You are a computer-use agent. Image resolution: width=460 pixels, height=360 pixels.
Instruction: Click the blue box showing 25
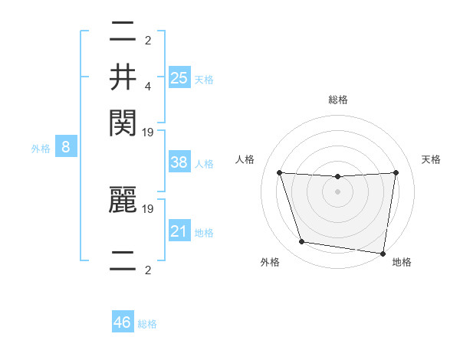[179, 77]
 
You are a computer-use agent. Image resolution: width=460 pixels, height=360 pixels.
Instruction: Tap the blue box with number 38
[179, 162]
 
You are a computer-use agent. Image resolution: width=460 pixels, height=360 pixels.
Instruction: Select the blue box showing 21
[179, 231]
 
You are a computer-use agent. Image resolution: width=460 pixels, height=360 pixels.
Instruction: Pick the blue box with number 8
[66, 147]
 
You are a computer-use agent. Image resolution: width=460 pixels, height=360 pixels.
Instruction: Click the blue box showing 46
[123, 322]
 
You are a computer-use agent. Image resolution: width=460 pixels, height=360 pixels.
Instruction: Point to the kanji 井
[123, 77]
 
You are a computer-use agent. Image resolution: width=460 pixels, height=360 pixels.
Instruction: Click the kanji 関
[123, 121]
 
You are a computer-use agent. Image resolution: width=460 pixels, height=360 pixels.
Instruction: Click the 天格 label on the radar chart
[432, 159]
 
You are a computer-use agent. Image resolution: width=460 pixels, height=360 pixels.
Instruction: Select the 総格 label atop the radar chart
[338, 100]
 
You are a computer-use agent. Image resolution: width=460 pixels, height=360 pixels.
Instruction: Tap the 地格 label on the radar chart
[402, 262]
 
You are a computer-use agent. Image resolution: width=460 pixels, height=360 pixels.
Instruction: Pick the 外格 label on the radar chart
[270, 262]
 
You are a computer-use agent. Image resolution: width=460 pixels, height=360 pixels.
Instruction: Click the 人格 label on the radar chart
[245, 159]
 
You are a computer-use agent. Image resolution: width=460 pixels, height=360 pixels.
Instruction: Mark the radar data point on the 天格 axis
[396, 172]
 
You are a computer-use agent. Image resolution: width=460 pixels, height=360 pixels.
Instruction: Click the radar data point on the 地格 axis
[383, 253]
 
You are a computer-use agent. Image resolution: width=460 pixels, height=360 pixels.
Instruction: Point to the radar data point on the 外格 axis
[302, 242]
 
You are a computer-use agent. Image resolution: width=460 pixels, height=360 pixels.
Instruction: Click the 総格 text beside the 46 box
[148, 324]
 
